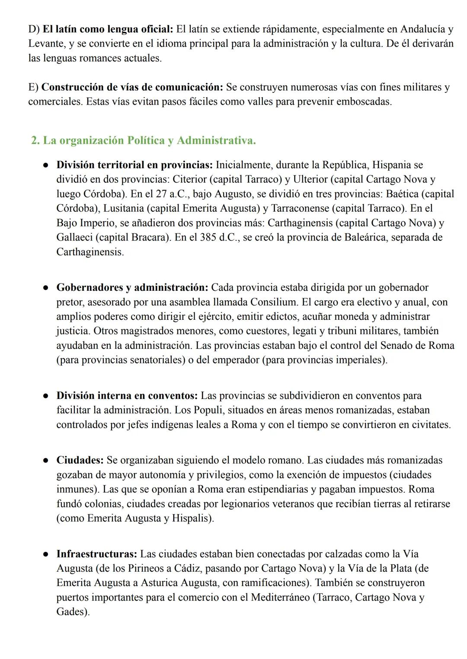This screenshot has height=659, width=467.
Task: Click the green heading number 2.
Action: tap(35, 141)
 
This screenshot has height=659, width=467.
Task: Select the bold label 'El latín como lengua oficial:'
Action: tap(108, 29)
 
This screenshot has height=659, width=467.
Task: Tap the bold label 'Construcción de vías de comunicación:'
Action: tap(132, 87)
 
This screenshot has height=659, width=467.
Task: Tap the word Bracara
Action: tap(148, 237)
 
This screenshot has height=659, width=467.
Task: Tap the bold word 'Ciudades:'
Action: tap(80, 460)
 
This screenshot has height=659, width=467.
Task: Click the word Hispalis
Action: tap(191, 518)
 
